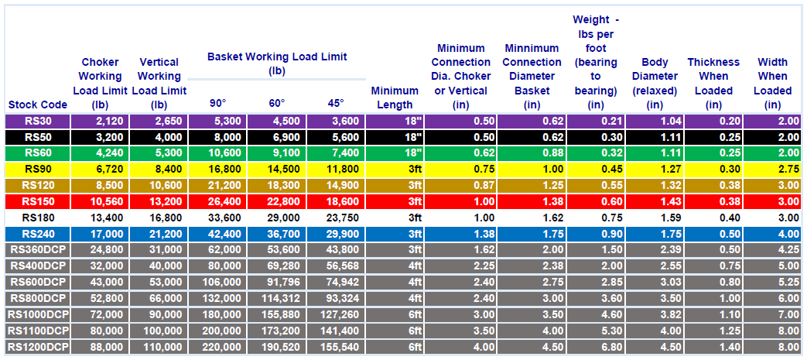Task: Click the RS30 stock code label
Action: pyautogui.click(x=38, y=122)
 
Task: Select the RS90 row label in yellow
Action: pyautogui.click(x=38, y=170)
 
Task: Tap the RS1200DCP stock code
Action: pyautogui.click(x=38, y=347)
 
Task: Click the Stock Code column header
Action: pyautogui.click(x=38, y=105)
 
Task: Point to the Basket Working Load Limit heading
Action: pyautogui.click(x=277, y=63)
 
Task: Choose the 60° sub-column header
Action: pyautogui.click(x=277, y=103)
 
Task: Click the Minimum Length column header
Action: pyautogui.click(x=395, y=98)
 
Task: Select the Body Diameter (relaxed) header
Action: pyautogui.click(x=655, y=84)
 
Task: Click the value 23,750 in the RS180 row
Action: pyautogui.click(x=342, y=218)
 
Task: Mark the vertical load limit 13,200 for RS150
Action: pyautogui.click(x=165, y=202)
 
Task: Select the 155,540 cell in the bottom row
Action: pyautogui.click(x=339, y=347)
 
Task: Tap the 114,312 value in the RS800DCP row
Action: pyautogui.click(x=281, y=298)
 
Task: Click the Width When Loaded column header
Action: pyautogui.click(x=772, y=84)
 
